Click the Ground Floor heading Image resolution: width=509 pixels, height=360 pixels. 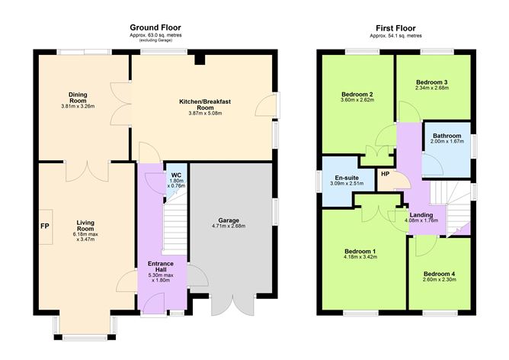coord(155,27)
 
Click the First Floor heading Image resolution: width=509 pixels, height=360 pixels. coord(395,28)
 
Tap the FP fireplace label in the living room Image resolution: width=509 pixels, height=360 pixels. coord(45,226)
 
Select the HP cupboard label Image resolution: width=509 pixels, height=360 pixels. coord(385,174)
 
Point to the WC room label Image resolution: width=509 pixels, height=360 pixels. coord(176,175)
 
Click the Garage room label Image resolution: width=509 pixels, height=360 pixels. coord(229,220)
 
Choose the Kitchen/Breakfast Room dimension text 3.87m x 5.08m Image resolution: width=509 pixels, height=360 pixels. coord(205,114)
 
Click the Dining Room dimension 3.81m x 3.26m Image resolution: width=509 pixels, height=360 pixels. coord(78,106)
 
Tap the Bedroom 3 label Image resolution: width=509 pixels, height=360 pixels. coord(432,82)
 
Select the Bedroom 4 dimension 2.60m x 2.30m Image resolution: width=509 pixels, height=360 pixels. coord(439,279)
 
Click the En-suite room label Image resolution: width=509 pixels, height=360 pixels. coord(347,178)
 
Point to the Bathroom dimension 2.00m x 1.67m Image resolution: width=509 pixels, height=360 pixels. coord(447,141)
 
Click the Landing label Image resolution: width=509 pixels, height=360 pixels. coord(421,215)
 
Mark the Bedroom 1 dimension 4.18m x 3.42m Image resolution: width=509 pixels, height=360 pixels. coord(360,257)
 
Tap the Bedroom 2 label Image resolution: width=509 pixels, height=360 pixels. coord(357,95)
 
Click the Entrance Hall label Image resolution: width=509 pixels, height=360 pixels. coord(161,266)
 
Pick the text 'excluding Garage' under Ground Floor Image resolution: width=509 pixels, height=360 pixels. coord(155,40)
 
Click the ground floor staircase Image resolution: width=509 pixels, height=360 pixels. coord(174,227)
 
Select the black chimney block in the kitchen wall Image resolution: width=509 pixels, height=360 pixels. coord(200,59)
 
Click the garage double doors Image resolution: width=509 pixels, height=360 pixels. coord(232,305)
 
